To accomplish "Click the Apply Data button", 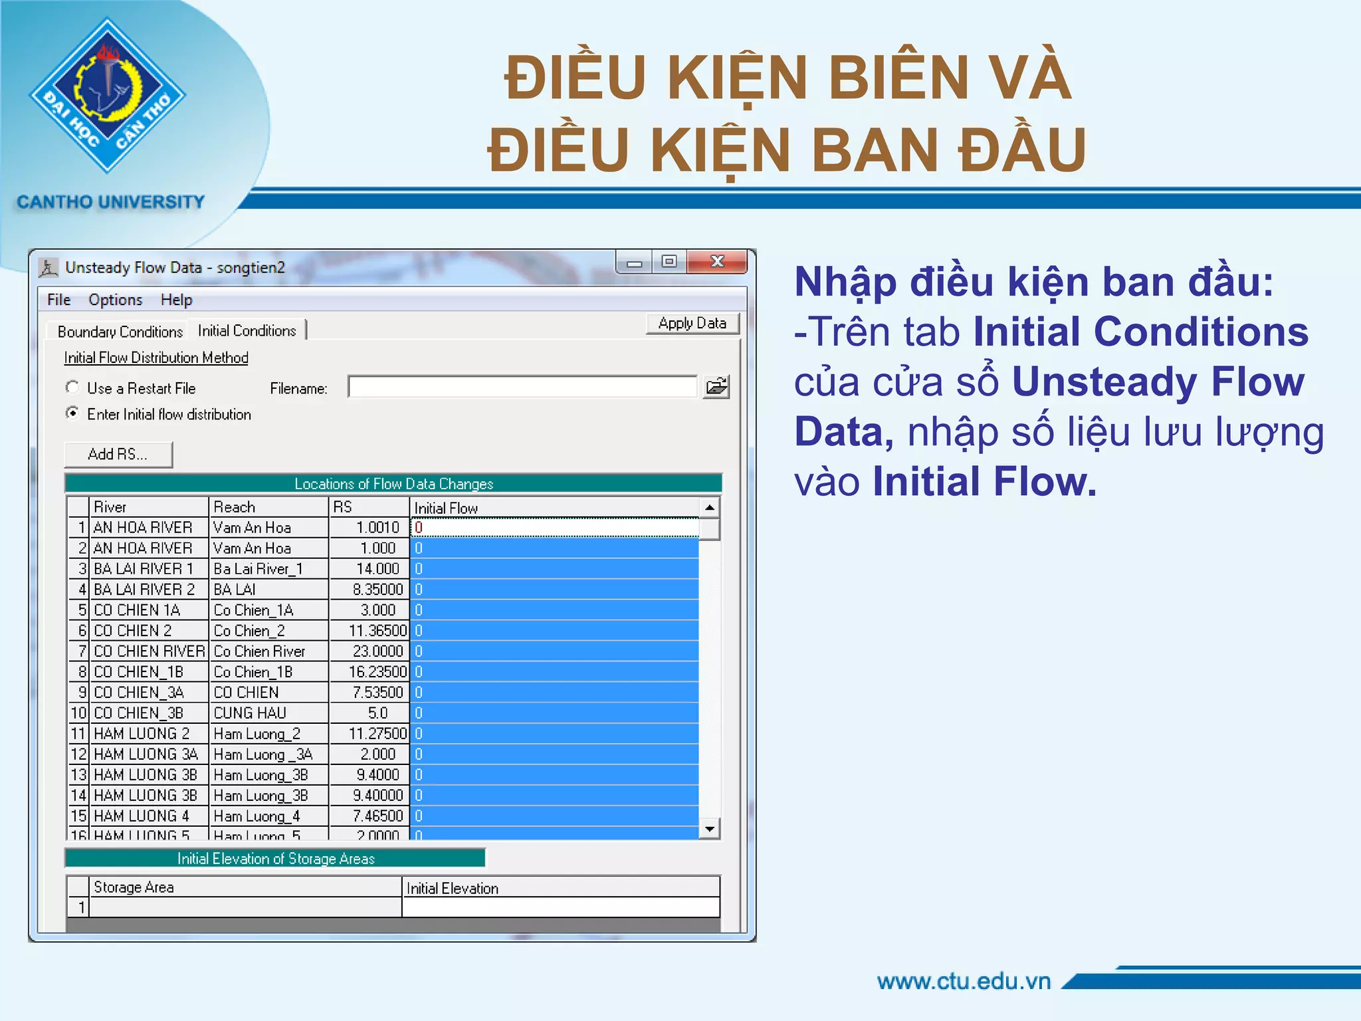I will (692, 324).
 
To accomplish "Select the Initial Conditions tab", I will (247, 330).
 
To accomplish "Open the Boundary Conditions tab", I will (120, 331).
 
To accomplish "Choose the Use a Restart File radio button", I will (72, 388).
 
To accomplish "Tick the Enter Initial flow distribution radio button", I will (72, 413).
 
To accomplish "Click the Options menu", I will (115, 300).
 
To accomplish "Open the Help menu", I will (176, 300).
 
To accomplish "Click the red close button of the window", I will (717, 261).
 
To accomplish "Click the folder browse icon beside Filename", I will (716, 387).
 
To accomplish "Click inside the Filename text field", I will (522, 387).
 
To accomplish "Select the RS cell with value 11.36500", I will (376, 630).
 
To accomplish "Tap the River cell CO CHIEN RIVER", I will (149, 651).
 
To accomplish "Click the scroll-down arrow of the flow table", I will (710, 829).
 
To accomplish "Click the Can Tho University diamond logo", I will (108, 95).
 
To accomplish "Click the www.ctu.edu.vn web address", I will (964, 981).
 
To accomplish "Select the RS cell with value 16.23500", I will (376, 671).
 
